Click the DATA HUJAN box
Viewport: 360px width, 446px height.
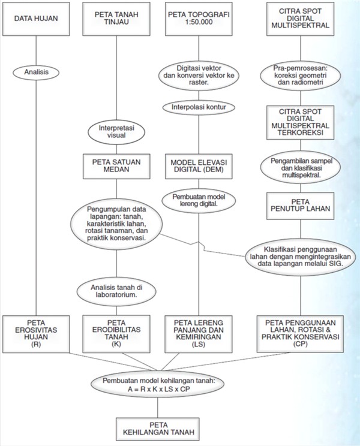36,19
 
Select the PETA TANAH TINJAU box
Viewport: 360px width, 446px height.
116,19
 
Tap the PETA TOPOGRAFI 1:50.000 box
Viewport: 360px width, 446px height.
199,19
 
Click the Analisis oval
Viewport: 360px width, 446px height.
36,73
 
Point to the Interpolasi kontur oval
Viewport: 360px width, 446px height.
199,107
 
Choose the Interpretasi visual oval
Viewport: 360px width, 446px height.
116,132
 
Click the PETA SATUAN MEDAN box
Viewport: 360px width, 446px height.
116,167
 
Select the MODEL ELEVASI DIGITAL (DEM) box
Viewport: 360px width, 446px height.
199,167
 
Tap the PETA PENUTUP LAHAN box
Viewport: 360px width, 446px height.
300,206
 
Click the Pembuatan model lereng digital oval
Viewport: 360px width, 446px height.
199,201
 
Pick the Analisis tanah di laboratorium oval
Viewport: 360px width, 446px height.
116,291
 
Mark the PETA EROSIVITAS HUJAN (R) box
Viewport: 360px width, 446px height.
36,334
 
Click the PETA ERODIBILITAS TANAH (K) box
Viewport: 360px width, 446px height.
116,334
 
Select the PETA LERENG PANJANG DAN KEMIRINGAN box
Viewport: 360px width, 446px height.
199,334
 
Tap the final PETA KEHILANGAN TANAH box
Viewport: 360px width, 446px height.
158,429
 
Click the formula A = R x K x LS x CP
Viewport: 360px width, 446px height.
159,389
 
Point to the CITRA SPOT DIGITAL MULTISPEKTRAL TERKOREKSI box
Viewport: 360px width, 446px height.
300,122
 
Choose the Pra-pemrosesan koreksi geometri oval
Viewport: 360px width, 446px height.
300,76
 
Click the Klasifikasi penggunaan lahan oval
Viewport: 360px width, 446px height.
300,257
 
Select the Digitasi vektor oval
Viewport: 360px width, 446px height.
199,76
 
